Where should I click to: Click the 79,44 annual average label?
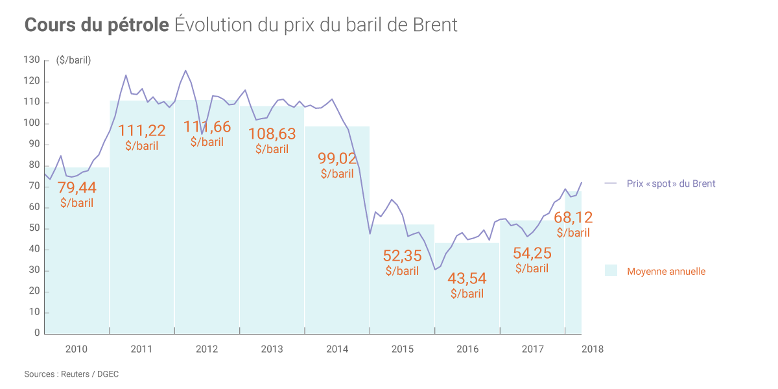77,188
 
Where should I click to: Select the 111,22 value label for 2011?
141,130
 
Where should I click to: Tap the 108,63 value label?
272,134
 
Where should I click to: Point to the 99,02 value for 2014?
337,158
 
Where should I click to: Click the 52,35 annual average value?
402,255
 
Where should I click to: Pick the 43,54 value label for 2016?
467,278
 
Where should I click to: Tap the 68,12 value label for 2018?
573,217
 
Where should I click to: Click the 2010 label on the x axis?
77,349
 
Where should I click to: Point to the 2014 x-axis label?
337,349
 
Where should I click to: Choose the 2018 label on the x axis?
593,349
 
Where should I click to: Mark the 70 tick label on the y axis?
34,187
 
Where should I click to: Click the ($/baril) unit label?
74,60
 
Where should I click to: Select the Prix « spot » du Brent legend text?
671,183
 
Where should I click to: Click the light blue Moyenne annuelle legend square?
611,271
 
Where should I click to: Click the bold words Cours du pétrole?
97,25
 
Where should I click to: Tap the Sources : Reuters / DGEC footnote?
71,374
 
